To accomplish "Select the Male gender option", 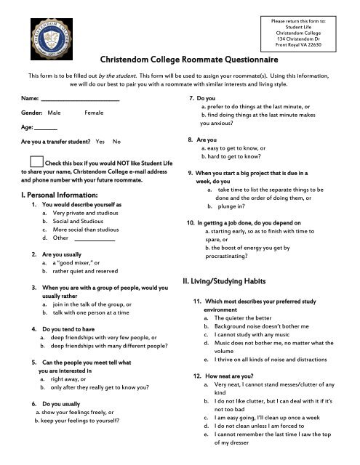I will [55, 113].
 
